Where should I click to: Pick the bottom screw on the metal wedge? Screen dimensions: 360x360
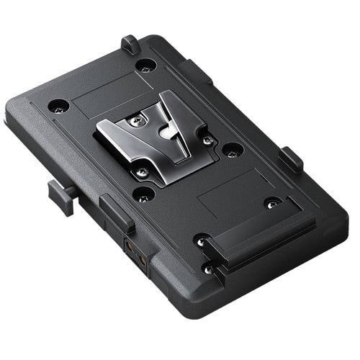(143, 171)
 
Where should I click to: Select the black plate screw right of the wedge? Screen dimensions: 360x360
(231, 151)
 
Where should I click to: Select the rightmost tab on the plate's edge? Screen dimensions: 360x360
(290, 158)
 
